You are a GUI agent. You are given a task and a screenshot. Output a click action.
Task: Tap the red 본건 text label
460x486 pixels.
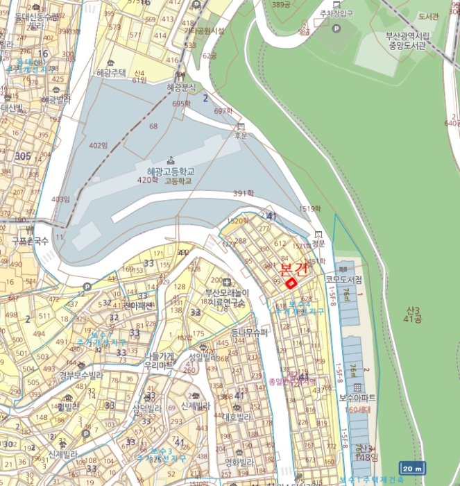tap(292, 269)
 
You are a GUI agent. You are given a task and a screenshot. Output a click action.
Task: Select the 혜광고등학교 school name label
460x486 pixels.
tap(171, 171)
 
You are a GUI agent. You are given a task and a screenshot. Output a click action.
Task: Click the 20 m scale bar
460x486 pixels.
tap(411, 469)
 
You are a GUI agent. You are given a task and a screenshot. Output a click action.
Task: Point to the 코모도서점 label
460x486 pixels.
tap(345, 279)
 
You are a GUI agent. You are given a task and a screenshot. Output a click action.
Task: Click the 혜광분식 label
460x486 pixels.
tap(181, 87)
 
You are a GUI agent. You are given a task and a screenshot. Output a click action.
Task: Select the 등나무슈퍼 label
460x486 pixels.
tap(248, 333)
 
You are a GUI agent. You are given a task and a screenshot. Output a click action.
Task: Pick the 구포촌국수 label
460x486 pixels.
tap(31, 240)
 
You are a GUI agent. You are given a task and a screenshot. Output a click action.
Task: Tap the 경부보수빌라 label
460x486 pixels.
tap(81, 376)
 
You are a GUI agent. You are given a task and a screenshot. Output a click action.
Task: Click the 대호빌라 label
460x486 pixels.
tap(237, 417)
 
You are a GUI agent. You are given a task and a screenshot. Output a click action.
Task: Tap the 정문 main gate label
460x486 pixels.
tap(318, 244)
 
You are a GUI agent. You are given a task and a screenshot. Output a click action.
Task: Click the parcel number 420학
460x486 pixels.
tap(147, 181)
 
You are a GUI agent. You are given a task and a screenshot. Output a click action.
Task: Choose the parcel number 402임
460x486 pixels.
tap(99, 145)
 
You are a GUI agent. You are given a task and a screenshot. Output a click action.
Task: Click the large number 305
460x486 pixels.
tap(23, 156)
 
